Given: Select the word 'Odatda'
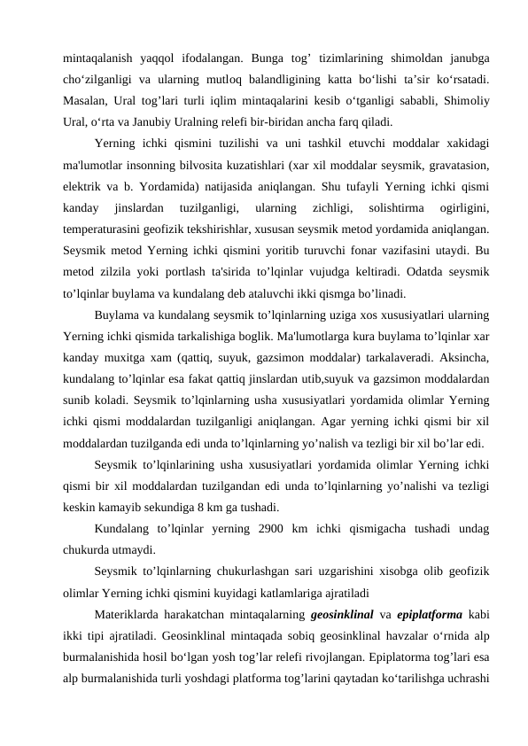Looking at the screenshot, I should [401, 269].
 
